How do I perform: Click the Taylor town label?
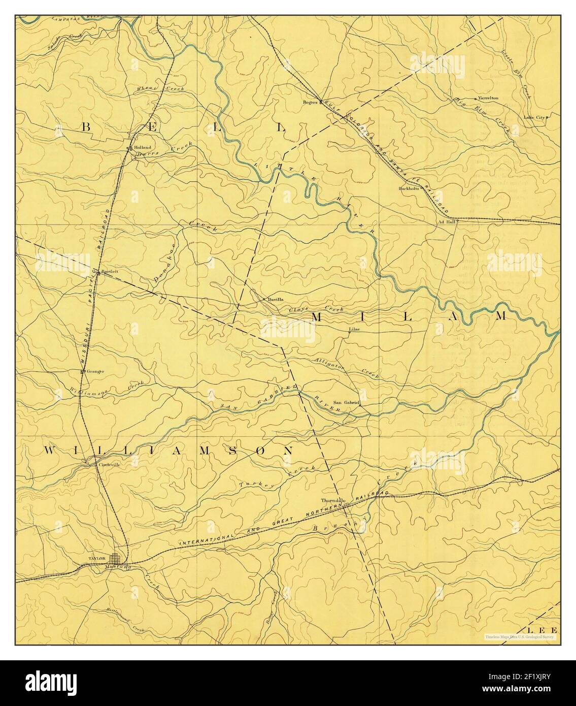96,558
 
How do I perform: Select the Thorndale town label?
333,500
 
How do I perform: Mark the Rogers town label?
310,102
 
